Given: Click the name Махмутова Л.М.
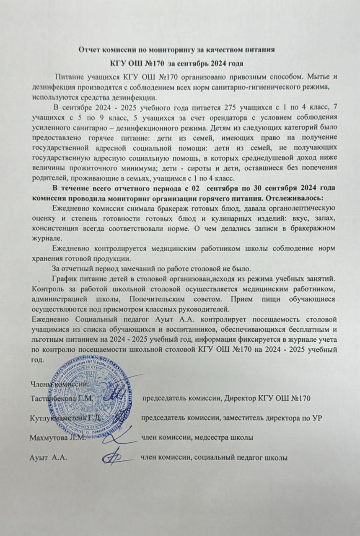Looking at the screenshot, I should click(x=58, y=438).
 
